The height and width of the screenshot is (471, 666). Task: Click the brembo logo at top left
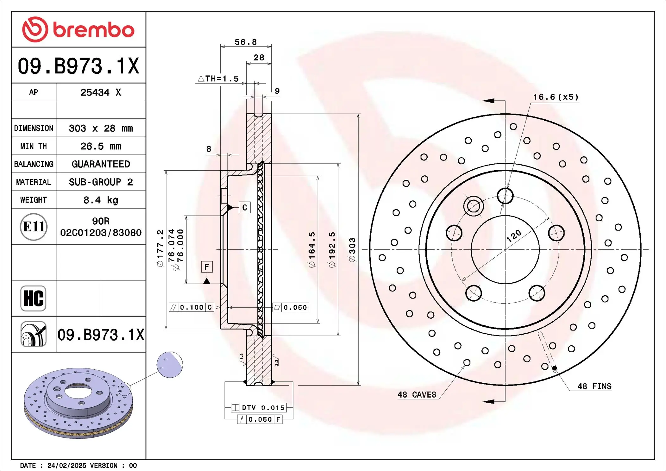(x=78, y=29)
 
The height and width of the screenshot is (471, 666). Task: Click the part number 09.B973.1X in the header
(x=78, y=66)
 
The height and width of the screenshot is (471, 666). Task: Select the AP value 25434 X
(x=101, y=92)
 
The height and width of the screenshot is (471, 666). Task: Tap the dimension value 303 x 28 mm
(x=101, y=128)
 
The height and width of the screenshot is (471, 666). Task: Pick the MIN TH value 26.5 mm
(x=101, y=146)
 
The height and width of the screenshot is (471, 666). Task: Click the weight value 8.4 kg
(x=101, y=200)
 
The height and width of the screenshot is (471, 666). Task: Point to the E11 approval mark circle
(x=34, y=227)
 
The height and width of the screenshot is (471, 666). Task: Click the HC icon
(x=33, y=298)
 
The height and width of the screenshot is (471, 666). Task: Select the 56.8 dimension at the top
(x=246, y=42)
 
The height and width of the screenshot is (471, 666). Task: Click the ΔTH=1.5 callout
(x=218, y=78)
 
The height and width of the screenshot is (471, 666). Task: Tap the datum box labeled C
(x=244, y=208)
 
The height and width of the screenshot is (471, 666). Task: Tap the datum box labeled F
(x=207, y=267)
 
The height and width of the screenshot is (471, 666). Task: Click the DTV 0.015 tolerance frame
(x=259, y=408)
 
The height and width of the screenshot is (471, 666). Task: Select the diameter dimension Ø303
(x=352, y=250)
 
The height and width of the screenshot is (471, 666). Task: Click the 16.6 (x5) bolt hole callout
(x=556, y=97)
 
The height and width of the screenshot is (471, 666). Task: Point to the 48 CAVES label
(x=417, y=395)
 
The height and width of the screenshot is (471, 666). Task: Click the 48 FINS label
(x=594, y=386)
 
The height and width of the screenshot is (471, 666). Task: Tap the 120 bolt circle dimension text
(x=513, y=236)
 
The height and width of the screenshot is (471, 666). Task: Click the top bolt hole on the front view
(x=505, y=196)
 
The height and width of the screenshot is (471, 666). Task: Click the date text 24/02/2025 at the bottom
(x=66, y=466)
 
